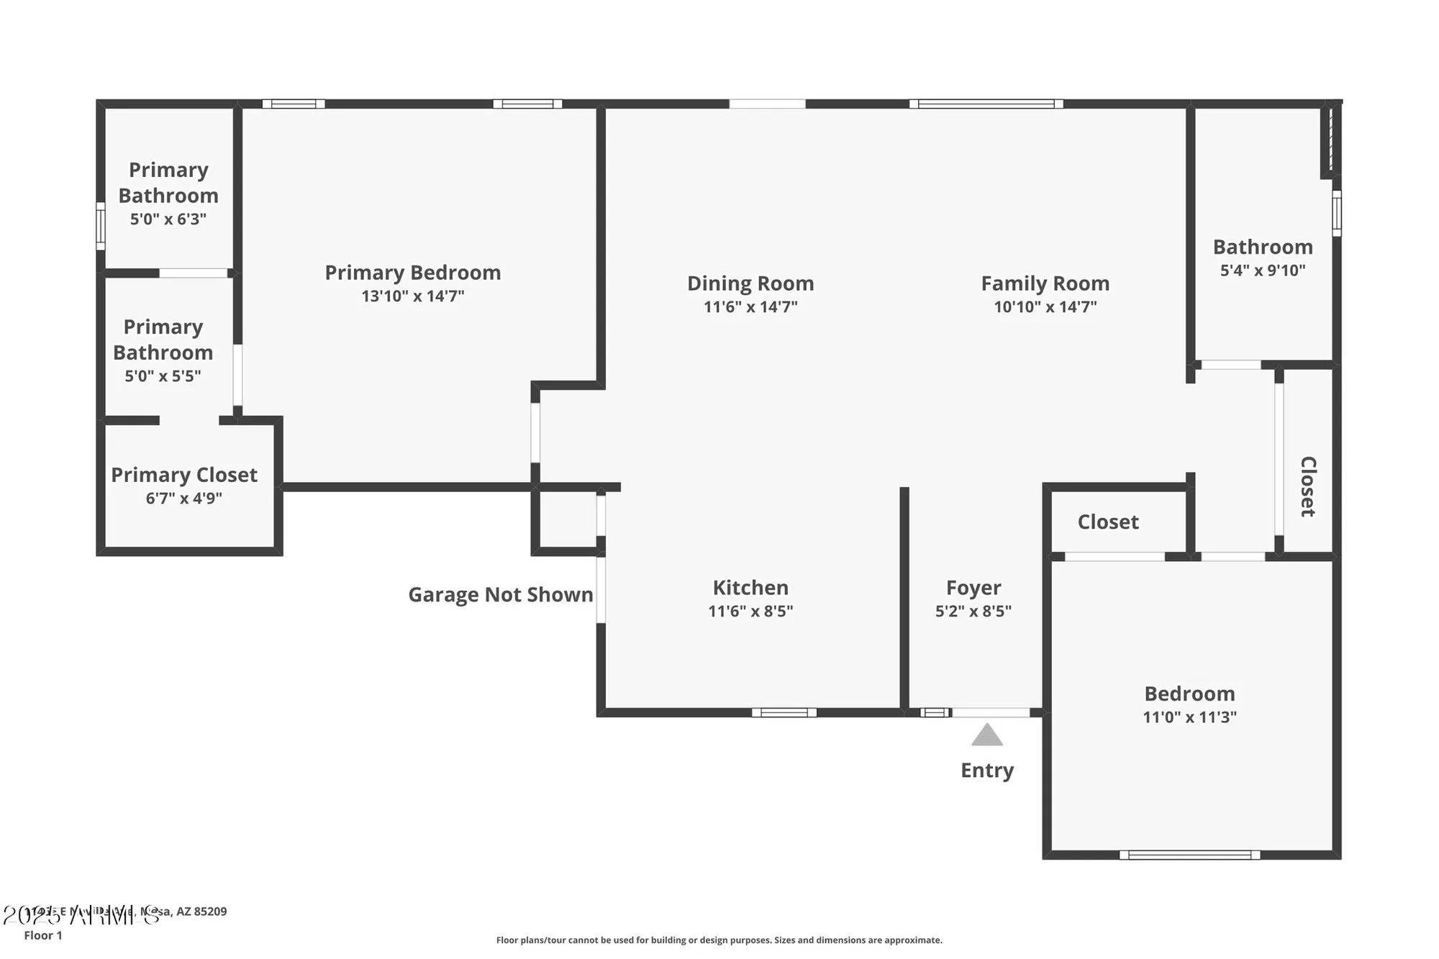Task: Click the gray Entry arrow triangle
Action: pos(986,736)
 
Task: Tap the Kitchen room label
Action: pos(750,588)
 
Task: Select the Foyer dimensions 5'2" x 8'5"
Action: pos(973,612)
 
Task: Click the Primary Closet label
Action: pos(184,475)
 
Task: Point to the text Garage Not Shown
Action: pos(501,595)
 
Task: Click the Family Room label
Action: pos(1045,283)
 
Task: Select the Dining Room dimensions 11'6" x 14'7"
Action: pos(750,307)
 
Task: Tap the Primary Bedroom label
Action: pos(412,273)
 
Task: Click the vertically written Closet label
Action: pos(1307,486)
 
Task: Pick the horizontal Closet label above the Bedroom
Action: pos(1107,522)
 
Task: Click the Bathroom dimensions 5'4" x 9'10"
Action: pos(1263,271)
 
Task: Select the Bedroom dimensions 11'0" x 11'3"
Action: pos(1189,717)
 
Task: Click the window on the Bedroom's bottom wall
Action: pos(1189,855)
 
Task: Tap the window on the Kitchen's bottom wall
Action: pos(784,713)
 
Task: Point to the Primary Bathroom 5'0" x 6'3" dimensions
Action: pos(168,219)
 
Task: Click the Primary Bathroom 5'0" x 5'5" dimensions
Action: pos(163,376)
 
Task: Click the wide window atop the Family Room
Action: pos(986,104)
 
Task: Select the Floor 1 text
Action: pos(43,935)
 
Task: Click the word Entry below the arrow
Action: pos(986,771)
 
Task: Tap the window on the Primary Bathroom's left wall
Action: pos(101,226)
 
